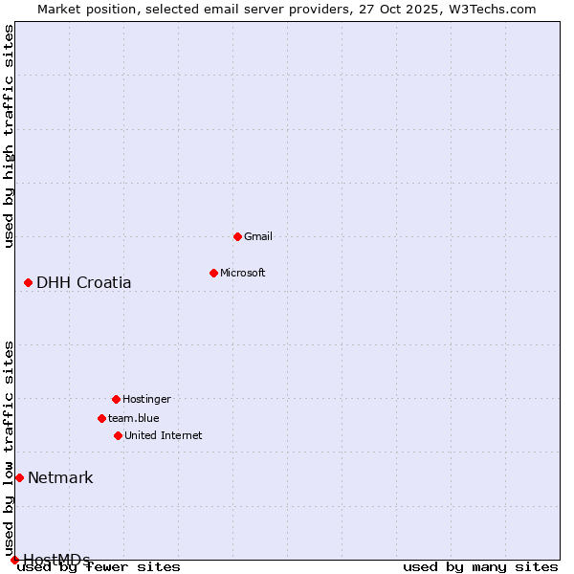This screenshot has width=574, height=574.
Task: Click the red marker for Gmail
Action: point(237,236)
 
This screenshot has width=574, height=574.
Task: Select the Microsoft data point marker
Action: point(213,273)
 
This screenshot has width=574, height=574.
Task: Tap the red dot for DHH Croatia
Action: point(28,282)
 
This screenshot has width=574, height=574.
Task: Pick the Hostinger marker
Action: point(116,399)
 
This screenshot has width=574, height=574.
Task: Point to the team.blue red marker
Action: point(101,418)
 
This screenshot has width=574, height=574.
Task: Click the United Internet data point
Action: point(118,435)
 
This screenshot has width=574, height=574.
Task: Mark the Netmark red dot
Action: point(19,477)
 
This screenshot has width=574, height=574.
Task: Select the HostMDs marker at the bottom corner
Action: point(14,560)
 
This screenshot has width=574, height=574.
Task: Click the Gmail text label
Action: point(258,236)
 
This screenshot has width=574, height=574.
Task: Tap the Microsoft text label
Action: point(243,273)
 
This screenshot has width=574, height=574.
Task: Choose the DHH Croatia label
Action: point(84,282)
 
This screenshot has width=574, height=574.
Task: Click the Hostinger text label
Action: point(146,399)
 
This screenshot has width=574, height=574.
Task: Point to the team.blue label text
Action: point(134,418)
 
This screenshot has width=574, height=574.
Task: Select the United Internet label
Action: point(164,435)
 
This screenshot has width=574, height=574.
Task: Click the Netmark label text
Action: point(60,477)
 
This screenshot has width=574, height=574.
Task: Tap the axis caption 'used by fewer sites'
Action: point(99,567)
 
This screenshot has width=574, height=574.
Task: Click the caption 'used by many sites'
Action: point(480,567)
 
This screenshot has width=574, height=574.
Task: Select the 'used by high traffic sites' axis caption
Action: point(10,136)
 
